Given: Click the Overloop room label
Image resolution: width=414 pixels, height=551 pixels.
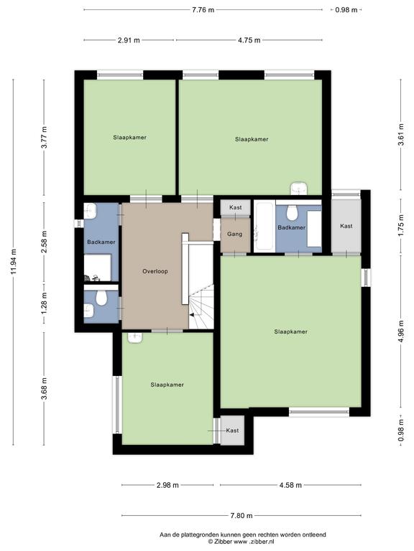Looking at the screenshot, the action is tap(155, 271).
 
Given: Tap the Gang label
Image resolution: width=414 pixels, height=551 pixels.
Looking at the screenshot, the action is tap(234, 234).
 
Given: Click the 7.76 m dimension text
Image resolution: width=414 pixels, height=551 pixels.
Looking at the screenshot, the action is tap(203, 10).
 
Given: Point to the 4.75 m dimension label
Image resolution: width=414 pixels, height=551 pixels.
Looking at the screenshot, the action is tap(249, 40).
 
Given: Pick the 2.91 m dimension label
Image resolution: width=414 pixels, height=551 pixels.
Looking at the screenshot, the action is tap(129, 40).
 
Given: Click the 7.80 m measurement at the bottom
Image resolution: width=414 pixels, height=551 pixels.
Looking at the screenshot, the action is tap(241, 516).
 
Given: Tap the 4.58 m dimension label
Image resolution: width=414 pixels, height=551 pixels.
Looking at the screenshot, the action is tap(290, 485).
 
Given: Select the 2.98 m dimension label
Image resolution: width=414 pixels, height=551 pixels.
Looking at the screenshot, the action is tap(167, 485).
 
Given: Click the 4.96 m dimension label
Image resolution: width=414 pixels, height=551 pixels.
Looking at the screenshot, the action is tap(401, 331).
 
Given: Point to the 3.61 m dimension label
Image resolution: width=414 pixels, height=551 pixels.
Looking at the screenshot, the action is tap(401, 134).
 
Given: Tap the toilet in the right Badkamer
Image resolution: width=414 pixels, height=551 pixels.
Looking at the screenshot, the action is tap(292, 212).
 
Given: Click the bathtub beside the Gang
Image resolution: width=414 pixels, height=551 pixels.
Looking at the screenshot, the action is tap(264, 225).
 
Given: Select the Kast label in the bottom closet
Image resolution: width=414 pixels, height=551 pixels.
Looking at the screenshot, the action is tap(232, 430).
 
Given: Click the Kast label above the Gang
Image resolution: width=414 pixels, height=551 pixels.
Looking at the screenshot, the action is tap(236, 207).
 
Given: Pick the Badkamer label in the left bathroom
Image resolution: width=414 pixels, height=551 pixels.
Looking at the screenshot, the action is tap(101, 242).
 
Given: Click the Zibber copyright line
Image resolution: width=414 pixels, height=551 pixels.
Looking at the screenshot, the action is tap(241, 542).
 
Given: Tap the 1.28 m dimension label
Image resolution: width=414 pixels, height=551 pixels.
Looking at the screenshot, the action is tap(44, 303).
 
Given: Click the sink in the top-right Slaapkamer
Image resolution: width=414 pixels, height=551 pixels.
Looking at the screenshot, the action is tap(299, 189).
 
